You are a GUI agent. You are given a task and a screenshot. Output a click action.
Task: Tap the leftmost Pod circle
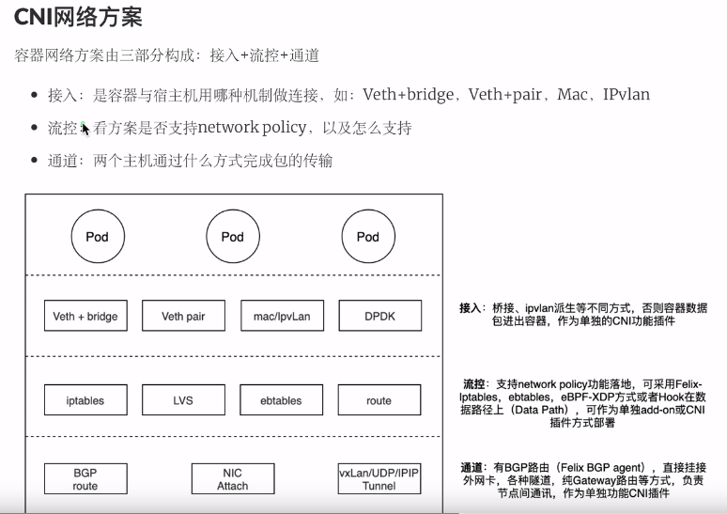click(97, 237)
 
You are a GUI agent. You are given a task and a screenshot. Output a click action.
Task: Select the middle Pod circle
click(232, 237)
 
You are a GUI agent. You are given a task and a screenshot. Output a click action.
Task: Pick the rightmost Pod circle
click(367, 237)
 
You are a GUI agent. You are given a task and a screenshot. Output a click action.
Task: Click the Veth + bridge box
click(85, 317)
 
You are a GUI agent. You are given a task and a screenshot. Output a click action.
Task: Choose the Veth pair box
click(183, 317)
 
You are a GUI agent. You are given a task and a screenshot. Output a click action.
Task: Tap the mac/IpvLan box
click(282, 317)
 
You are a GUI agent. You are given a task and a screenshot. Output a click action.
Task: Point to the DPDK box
click(379, 317)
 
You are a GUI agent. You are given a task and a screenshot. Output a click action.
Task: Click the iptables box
click(85, 400)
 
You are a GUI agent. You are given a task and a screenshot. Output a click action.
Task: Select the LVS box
click(183, 400)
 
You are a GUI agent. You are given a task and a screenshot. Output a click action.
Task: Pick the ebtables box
click(282, 400)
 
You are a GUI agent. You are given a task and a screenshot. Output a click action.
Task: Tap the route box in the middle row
click(379, 400)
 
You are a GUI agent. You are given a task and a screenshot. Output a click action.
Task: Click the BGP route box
click(85, 479)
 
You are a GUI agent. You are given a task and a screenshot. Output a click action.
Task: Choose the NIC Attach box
click(232, 479)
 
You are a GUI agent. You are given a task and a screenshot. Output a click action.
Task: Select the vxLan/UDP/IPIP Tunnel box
click(379, 479)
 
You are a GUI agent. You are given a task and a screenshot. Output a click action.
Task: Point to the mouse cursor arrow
click(85, 129)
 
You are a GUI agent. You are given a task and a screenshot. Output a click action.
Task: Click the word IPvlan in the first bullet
click(626, 95)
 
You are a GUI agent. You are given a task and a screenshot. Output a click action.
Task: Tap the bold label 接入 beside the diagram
click(470, 308)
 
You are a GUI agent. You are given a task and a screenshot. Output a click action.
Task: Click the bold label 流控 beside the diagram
click(473, 385)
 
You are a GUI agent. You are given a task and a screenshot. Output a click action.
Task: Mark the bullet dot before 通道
click(34, 162)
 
